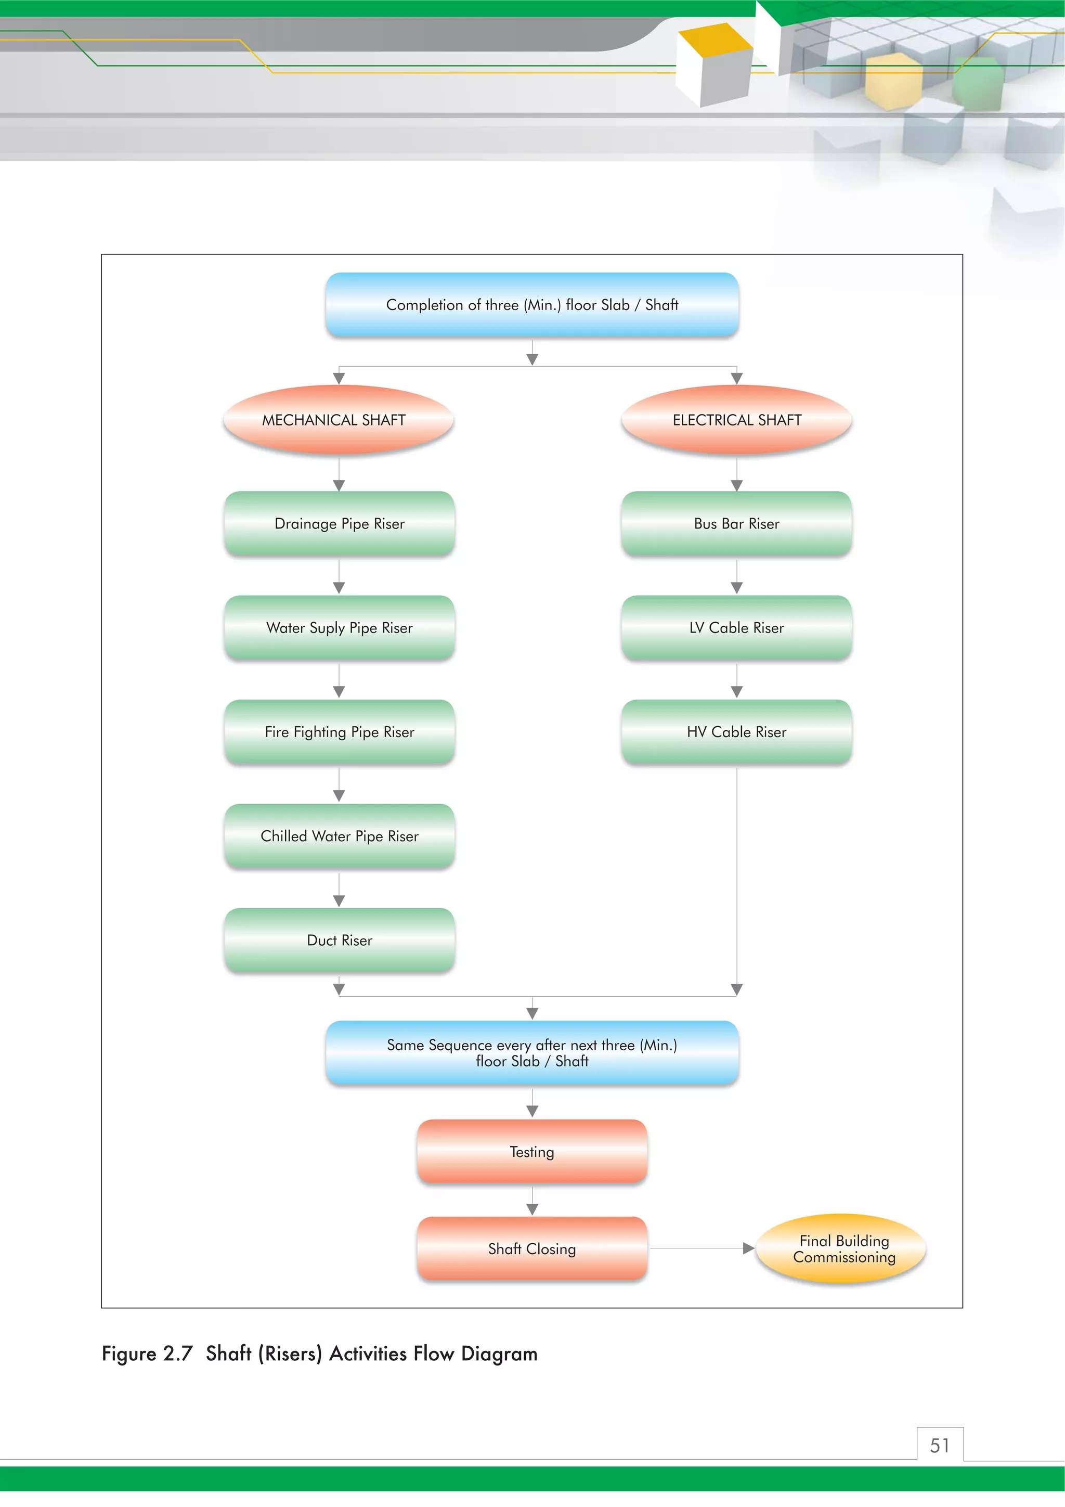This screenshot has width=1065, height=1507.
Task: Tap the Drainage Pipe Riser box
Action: click(339, 523)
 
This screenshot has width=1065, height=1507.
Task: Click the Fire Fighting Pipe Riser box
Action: click(339, 731)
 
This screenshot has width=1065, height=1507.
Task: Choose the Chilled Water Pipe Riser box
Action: click(339, 835)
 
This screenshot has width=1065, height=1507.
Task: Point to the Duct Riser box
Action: click(339, 940)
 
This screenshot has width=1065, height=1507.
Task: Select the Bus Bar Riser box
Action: click(736, 523)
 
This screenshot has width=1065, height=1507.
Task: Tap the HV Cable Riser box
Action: click(736, 731)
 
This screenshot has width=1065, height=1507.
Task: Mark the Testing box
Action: click(532, 1151)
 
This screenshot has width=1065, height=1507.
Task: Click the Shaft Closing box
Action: click(532, 1248)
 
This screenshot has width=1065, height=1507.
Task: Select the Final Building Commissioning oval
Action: click(843, 1248)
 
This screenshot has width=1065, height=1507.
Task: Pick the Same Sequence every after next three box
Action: click(532, 1052)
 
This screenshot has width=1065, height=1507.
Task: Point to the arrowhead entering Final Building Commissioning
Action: click(748, 1248)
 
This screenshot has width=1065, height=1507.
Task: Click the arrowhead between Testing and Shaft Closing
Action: click(532, 1209)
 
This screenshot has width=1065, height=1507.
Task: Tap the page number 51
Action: click(940, 1445)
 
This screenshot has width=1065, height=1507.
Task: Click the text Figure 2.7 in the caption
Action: click(147, 1354)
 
